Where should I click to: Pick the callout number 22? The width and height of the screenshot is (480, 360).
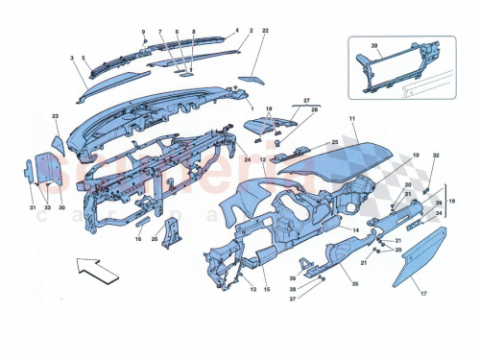point(265,32)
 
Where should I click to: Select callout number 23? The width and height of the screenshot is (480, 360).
point(55,117)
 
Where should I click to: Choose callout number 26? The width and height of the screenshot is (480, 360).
point(154,240)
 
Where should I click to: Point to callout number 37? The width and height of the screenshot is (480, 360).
point(319,298)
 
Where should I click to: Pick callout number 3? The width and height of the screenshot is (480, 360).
point(72,59)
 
